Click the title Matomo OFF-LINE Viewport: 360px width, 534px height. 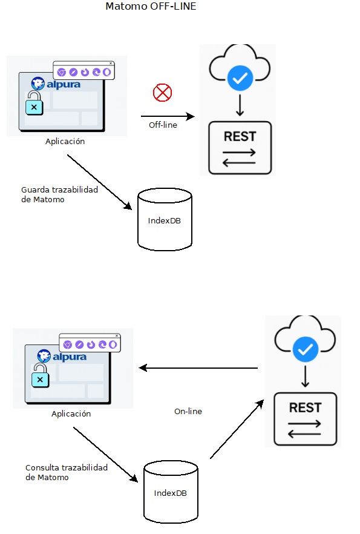point(151,6)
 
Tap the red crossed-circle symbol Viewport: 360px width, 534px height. point(162,93)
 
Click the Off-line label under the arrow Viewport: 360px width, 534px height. point(163,125)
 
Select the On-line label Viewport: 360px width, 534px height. point(188,412)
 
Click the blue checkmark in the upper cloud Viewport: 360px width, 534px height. point(240,78)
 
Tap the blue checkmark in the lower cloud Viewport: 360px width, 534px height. point(306,349)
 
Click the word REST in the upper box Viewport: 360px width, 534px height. point(240,137)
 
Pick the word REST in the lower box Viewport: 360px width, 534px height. point(305,407)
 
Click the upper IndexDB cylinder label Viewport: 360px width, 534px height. point(165,220)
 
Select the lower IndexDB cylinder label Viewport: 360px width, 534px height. point(171,493)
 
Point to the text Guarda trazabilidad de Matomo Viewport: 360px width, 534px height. point(59,194)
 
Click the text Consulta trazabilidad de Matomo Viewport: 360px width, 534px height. point(67,472)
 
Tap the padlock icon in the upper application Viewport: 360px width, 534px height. point(34,103)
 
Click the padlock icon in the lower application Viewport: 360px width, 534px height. point(40,375)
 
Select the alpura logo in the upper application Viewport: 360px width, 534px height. point(56,84)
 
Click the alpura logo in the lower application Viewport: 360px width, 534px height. point(62,356)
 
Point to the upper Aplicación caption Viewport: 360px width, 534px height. point(65,141)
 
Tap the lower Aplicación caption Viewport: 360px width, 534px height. point(71,414)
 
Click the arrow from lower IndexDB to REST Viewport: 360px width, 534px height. point(237,429)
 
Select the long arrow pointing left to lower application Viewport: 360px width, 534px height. point(198,368)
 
